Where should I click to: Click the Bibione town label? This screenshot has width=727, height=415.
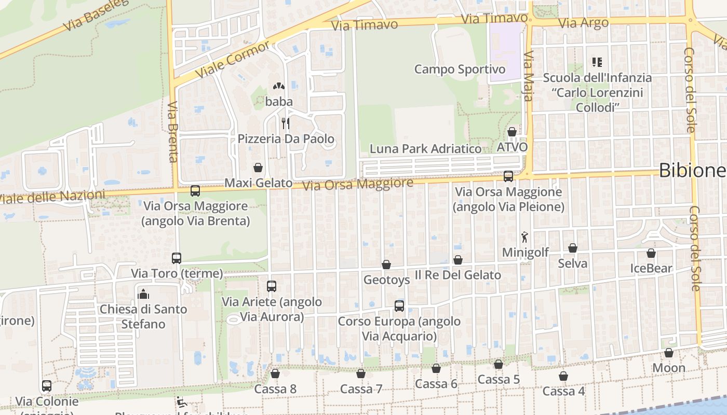click(x=692, y=170)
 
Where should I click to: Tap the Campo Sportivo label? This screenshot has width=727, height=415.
click(x=460, y=69)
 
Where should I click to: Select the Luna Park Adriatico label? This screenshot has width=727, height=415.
click(x=425, y=149)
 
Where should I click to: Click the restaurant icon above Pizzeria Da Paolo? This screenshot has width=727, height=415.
click(x=285, y=123)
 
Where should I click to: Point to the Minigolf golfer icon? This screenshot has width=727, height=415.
click(x=525, y=237)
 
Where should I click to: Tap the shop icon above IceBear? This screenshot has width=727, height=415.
click(x=651, y=253)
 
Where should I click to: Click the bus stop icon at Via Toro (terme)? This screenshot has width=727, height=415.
click(x=177, y=258)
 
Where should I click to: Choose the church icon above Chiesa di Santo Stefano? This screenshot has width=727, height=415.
click(x=143, y=294)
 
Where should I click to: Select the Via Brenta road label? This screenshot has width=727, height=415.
click(x=173, y=132)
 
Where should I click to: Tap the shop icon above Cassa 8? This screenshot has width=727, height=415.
click(x=275, y=374)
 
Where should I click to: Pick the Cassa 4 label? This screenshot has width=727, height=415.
click(x=563, y=391)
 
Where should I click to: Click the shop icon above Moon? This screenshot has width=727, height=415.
click(x=669, y=353)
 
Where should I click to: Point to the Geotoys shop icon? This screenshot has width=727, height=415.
click(x=386, y=265)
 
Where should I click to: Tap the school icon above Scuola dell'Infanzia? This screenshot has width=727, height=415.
click(x=597, y=62)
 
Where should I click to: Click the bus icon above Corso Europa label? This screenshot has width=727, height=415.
click(x=399, y=306)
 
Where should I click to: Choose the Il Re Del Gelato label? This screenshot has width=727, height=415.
click(x=457, y=275)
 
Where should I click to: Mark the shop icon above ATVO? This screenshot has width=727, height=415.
click(x=512, y=132)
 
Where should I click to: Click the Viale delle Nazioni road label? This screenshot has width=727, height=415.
click(x=52, y=197)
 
